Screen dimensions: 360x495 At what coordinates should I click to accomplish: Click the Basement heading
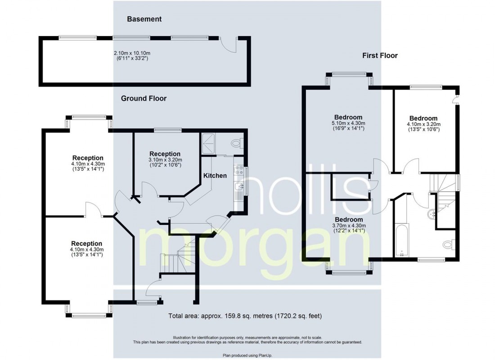pyautogui.click(x=144, y=19)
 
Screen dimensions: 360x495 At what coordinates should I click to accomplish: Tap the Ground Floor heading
pyautogui.click(x=144, y=98)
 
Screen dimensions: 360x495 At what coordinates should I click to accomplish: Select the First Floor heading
pyautogui.click(x=380, y=56)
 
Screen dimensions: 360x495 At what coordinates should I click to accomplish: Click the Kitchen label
pyautogui.click(x=215, y=175)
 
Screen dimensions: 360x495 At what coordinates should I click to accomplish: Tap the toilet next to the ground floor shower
pyautogui.click(x=236, y=143)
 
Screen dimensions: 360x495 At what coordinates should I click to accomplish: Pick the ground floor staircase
pyautogui.click(x=180, y=256)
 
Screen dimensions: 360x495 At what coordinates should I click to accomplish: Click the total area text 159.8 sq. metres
pyautogui.click(x=245, y=316)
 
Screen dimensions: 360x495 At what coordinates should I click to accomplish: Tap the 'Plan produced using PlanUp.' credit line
pyautogui.click(x=247, y=355)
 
